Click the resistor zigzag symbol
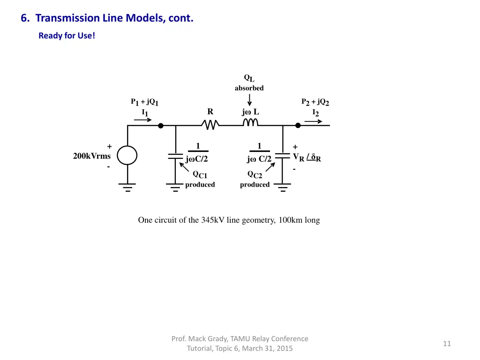pyautogui.click(x=210, y=125)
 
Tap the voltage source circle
pyautogui.click(x=127, y=155)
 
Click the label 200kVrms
pyautogui.click(x=92, y=156)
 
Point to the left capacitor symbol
pyautogui.click(x=175, y=156)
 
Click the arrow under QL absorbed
pyautogui.click(x=250, y=100)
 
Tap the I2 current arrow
pyautogui.click(x=313, y=121)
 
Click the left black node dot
pyautogui.click(x=160, y=126)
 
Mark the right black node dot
pyautogui.click(x=298, y=126)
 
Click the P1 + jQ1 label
pyautogui.click(x=144, y=102)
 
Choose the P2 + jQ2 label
pyautogui.click(x=315, y=102)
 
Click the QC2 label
pyautogui.click(x=255, y=175)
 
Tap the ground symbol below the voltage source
pyautogui.click(x=127, y=187)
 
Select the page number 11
pyautogui.click(x=447, y=344)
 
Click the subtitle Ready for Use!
pyautogui.click(x=67, y=36)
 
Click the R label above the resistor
pyautogui.click(x=210, y=112)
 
